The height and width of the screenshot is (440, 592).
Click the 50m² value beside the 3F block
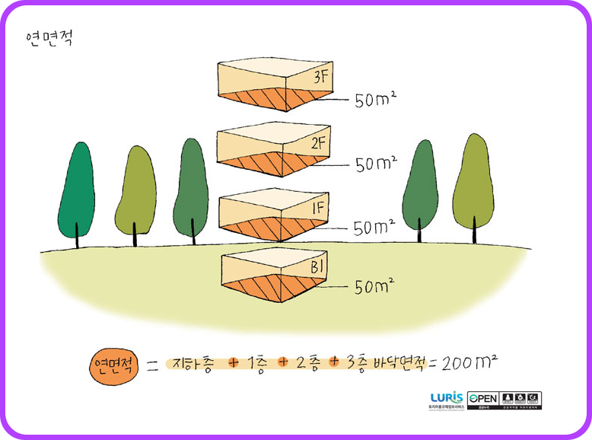click(x=376, y=100)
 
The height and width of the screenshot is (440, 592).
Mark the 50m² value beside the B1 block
click(x=374, y=287)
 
